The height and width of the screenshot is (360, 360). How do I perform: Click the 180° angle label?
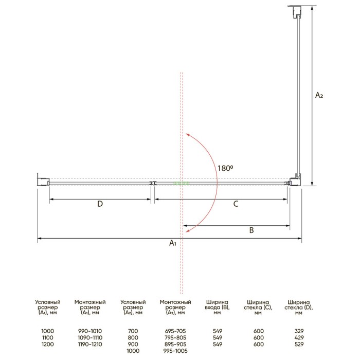225,168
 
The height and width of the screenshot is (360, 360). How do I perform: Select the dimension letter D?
100,204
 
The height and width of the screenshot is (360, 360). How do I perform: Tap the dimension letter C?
236,204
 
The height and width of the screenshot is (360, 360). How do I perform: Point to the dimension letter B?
251,230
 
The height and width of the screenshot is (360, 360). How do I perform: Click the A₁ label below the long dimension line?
173,243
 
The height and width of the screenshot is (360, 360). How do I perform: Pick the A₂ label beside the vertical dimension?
319,95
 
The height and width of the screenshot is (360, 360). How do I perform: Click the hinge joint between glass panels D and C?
153,183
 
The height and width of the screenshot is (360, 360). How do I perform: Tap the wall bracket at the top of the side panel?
297,12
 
